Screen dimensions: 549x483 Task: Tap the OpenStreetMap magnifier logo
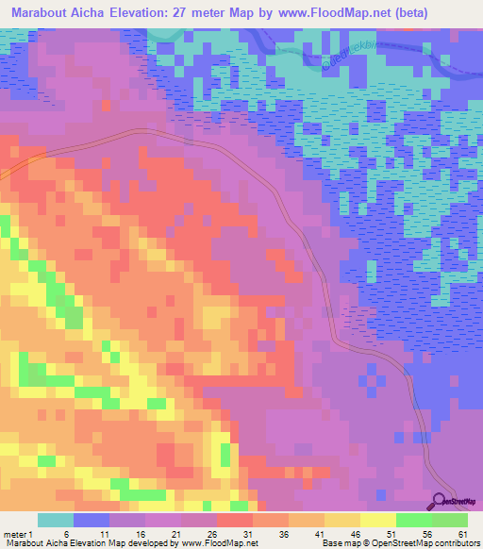441,501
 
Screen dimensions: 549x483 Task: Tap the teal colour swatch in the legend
56,520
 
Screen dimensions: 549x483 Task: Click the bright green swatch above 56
414,520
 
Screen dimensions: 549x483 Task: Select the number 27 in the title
169,13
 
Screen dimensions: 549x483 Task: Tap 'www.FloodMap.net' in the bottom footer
219,543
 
